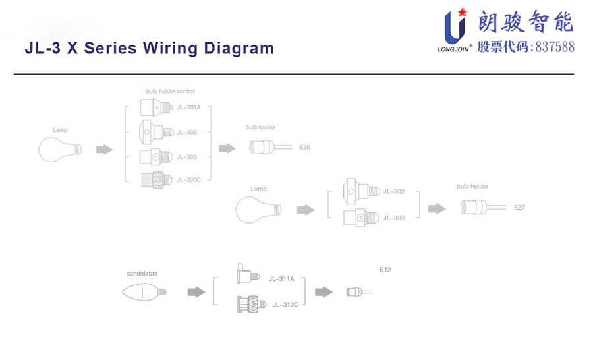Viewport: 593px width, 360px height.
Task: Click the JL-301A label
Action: pos(188,107)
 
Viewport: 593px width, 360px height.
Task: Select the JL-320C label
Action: pos(188,179)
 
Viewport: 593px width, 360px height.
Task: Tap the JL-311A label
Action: pos(281,278)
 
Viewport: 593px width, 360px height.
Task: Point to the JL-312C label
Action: pos(285,304)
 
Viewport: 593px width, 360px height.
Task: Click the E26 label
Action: pos(304,148)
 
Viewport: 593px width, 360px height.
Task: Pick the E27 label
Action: pos(519,208)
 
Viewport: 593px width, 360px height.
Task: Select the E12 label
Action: pos(385,269)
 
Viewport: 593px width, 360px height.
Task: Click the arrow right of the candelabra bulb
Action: pos(196,291)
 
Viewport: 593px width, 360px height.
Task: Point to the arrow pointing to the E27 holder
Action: pos(436,208)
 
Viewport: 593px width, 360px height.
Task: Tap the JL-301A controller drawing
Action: pos(156,107)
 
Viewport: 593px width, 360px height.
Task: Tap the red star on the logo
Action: pos(463,12)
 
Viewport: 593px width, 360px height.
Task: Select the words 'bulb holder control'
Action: pos(170,90)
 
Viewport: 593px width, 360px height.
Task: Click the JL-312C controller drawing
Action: pos(251,304)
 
